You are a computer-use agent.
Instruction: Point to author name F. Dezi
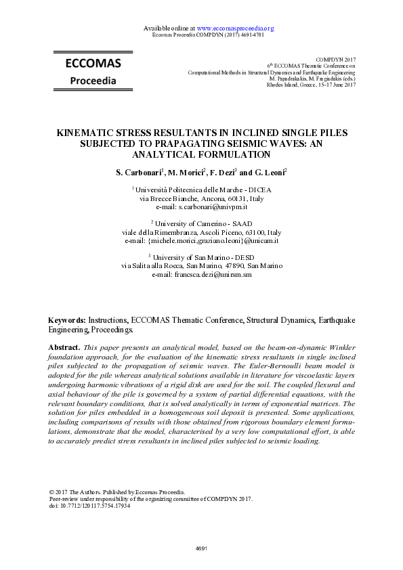click(220, 173)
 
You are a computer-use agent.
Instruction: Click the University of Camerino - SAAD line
click(201, 223)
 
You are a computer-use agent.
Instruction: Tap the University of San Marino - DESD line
click(201, 258)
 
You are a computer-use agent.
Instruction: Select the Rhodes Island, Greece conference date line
click(316, 85)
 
